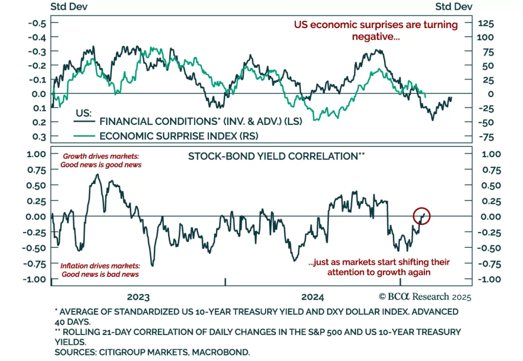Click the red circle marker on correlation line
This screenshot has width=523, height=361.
[x=421, y=216]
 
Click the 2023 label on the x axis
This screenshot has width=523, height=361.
[x=138, y=297]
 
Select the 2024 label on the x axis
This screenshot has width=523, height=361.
[x=312, y=297]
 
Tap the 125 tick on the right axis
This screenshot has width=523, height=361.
[x=486, y=24]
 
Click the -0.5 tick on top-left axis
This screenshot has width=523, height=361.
[x=37, y=24]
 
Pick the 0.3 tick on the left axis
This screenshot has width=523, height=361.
[x=39, y=136]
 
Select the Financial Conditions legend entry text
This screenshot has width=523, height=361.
[x=201, y=121]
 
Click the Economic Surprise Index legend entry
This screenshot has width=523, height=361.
[x=179, y=136]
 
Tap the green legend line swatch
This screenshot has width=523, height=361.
[x=84, y=136]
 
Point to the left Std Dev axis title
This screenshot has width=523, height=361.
[x=69, y=7]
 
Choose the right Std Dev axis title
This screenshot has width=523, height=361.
[x=454, y=7]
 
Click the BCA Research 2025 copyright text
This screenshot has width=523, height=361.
[x=425, y=297]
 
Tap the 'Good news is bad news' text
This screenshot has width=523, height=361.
[x=100, y=274]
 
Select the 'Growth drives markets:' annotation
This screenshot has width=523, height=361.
[x=101, y=156]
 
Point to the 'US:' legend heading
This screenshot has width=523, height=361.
[x=84, y=113]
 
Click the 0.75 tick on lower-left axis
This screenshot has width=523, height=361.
[x=36, y=170]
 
